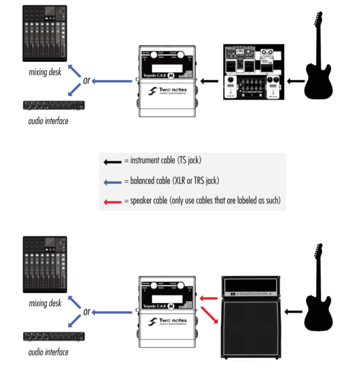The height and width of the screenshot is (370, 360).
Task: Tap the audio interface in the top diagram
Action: click(54, 105)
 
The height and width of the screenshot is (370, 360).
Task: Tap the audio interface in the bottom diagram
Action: click(54, 336)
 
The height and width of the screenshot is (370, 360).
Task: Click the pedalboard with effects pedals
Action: click(252, 72)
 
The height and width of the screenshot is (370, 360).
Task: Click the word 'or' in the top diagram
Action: click(86, 81)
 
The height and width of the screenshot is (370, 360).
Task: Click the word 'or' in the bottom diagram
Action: click(86, 312)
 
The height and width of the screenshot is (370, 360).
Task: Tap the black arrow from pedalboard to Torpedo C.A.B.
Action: click(208, 81)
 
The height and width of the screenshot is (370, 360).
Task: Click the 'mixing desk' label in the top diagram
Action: click(45, 73)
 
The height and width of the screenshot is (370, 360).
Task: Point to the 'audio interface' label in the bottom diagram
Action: click(48, 352)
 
